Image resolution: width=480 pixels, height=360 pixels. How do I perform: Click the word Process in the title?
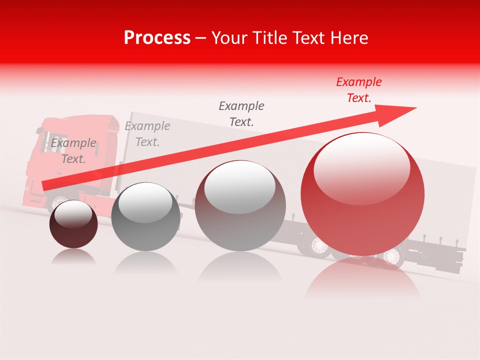(x=157, y=38)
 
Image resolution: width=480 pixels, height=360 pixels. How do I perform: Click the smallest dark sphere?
(x=73, y=224)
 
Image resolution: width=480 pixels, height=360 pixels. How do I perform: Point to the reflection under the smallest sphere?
(x=73, y=257)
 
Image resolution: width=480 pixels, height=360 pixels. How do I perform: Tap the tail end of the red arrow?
(x=45, y=185)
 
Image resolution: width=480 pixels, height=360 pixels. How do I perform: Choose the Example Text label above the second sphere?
(x=147, y=134)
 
